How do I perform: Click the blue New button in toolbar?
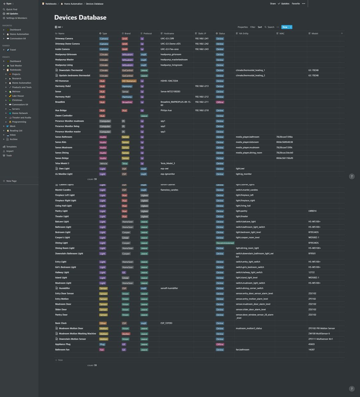click(x=285, y=27)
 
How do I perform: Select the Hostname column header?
click(x=169, y=33)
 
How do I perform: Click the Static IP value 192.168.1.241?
click(x=202, y=39)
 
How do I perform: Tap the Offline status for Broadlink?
click(x=220, y=102)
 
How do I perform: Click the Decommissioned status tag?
click(x=225, y=243)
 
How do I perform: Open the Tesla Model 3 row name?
click(x=62, y=163)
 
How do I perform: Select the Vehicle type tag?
click(x=104, y=164)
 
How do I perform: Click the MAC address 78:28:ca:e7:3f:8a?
click(x=284, y=137)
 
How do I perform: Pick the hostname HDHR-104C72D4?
click(x=169, y=81)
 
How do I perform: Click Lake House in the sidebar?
click(x=18, y=96)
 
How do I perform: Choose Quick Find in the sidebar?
click(x=12, y=9)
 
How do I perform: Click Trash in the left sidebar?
click(x=9, y=155)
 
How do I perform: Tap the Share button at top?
click(x=273, y=4)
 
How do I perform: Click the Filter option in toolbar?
click(x=253, y=27)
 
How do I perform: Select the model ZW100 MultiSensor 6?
click(x=319, y=334)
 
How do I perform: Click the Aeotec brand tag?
click(x=126, y=334)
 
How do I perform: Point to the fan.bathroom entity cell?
click(x=243, y=350)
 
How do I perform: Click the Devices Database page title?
click(x=80, y=18)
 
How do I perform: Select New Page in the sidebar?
click(x=11, y=181)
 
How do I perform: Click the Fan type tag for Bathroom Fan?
click(x=102, y=350)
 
